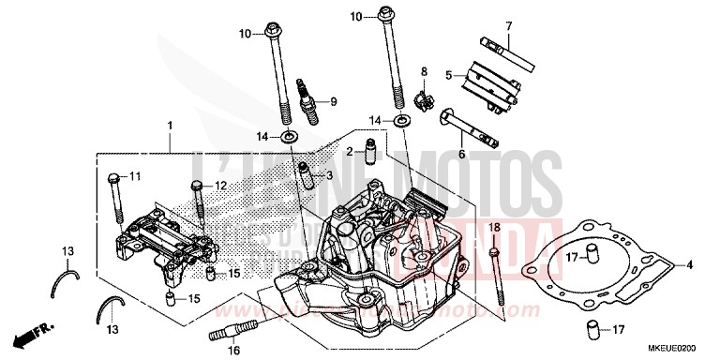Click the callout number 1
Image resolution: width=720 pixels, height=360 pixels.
coord(170,126)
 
